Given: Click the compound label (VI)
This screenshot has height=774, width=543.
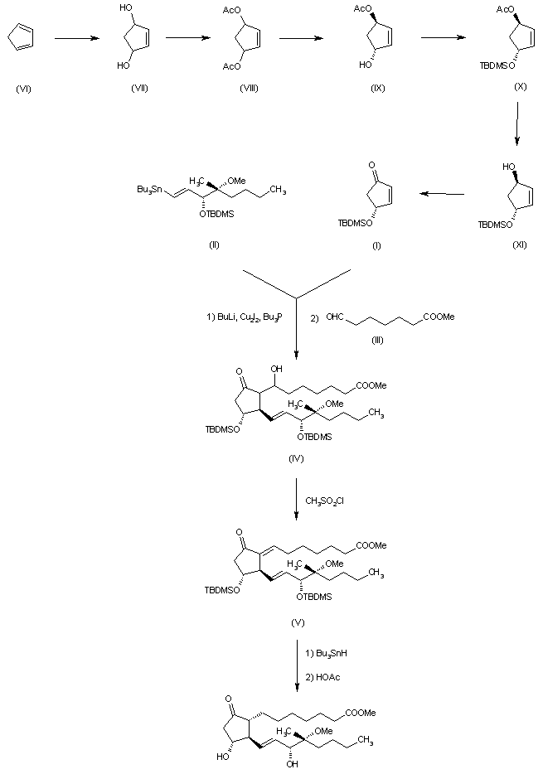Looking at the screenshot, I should pos(23,89).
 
